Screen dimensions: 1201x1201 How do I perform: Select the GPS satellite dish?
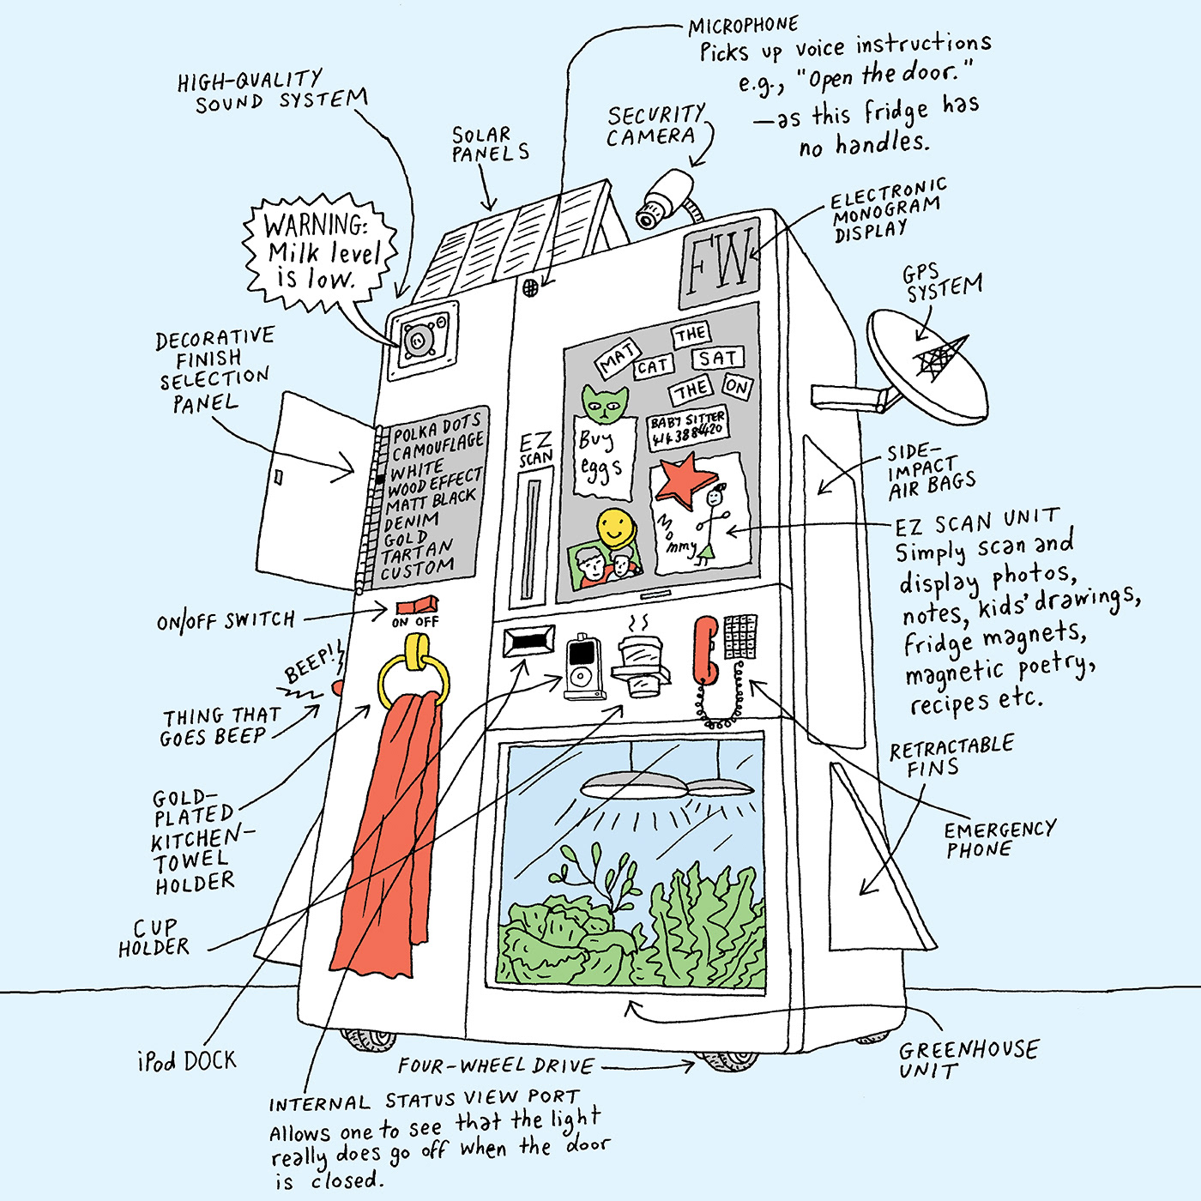(x=926, y=365)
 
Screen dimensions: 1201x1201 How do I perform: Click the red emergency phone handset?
(x=706, y=649)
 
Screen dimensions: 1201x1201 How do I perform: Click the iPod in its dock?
(x=582, y=667)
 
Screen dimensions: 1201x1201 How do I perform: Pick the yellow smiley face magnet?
(x=615, y=527)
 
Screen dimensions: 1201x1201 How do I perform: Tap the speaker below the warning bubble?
(x=420, y=341)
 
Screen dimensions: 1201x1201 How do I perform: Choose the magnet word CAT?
(x=653, y=367)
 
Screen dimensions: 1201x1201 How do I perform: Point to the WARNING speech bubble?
(x=322, y=252)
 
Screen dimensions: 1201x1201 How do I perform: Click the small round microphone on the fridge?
(x=530, y=288)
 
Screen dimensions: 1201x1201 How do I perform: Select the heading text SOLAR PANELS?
(x=490, y=144)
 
